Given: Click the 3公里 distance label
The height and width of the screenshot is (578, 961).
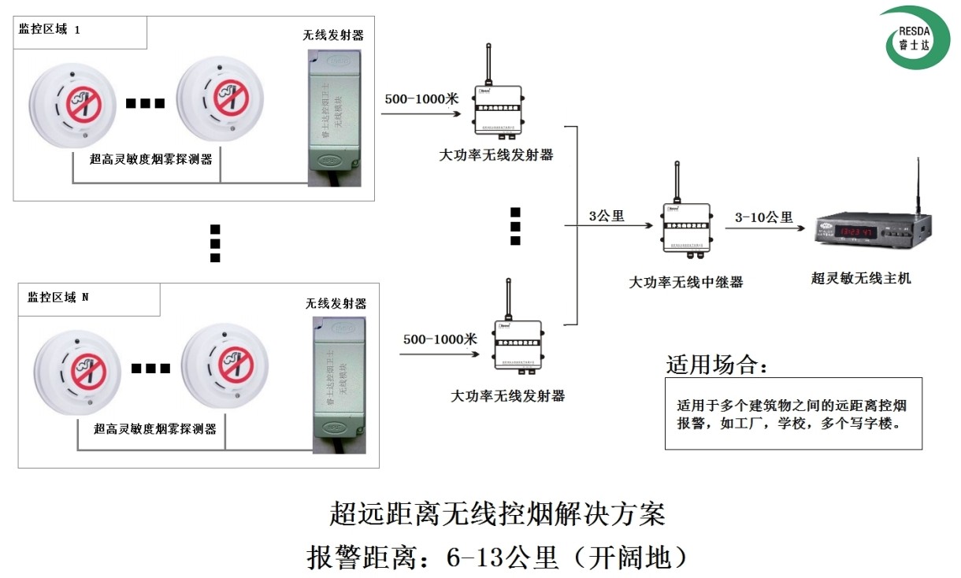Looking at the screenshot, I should point(607,216).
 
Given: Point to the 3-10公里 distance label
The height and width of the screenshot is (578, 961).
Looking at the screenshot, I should point(763,217).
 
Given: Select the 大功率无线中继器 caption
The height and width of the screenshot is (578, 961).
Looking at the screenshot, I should point(685,281).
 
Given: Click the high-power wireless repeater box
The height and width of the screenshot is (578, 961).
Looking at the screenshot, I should point(685,228).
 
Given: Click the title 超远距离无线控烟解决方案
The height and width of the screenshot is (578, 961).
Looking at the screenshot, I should point(498,514).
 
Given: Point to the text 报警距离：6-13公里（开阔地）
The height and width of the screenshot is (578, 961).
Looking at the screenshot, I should point(498,558).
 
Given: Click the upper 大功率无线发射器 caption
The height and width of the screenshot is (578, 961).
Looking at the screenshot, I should point(495,155).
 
